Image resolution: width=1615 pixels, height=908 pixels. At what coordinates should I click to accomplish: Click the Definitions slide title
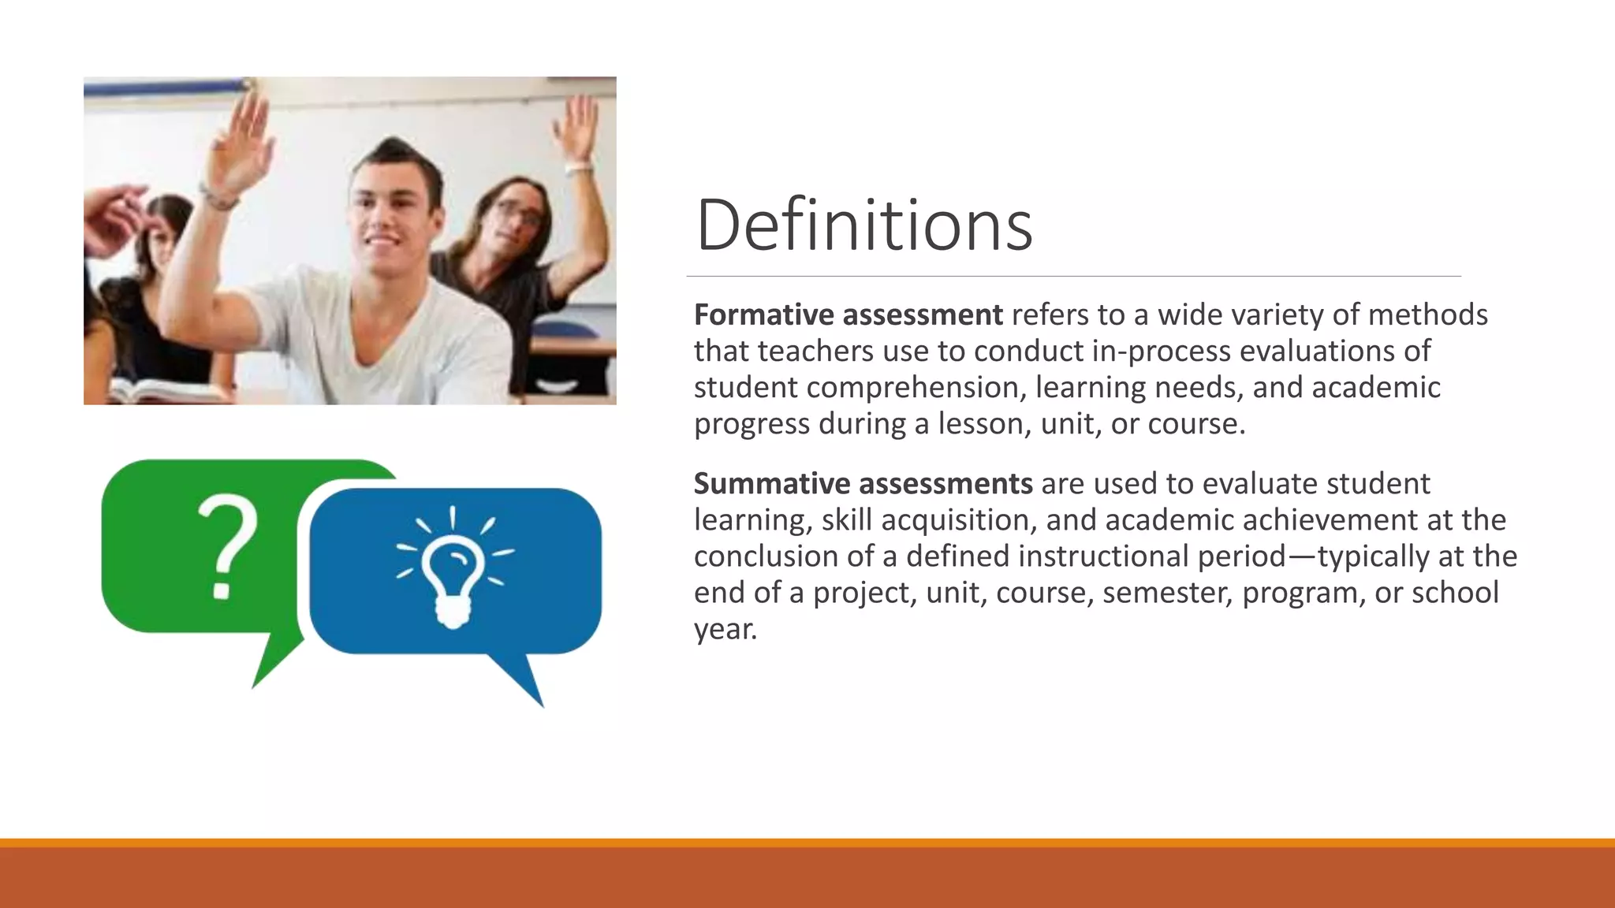[x=863, y=225]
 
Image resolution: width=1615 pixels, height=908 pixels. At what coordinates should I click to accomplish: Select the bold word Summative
[x=771, y=484]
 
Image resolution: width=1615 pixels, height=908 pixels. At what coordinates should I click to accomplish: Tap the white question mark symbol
[x=226, y=546]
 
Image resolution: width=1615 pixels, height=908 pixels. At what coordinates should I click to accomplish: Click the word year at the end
[x=725, y=630]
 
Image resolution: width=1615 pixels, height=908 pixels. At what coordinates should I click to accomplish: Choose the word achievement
[x=1330, y=520]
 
